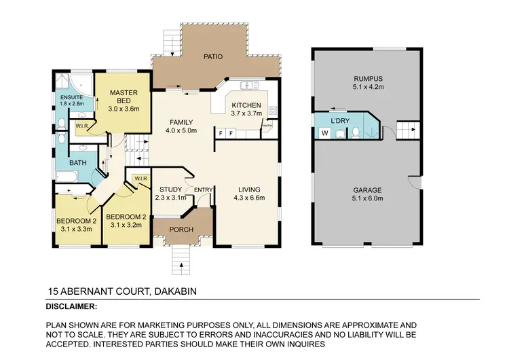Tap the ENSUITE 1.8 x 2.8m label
click(71, 97)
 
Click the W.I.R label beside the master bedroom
click(81, 125)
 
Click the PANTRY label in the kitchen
click(267, 126)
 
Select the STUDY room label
click(170, 189)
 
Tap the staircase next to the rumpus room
click(407, 129)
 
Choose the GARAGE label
click(368, 190)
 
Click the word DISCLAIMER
click(71, 306)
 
